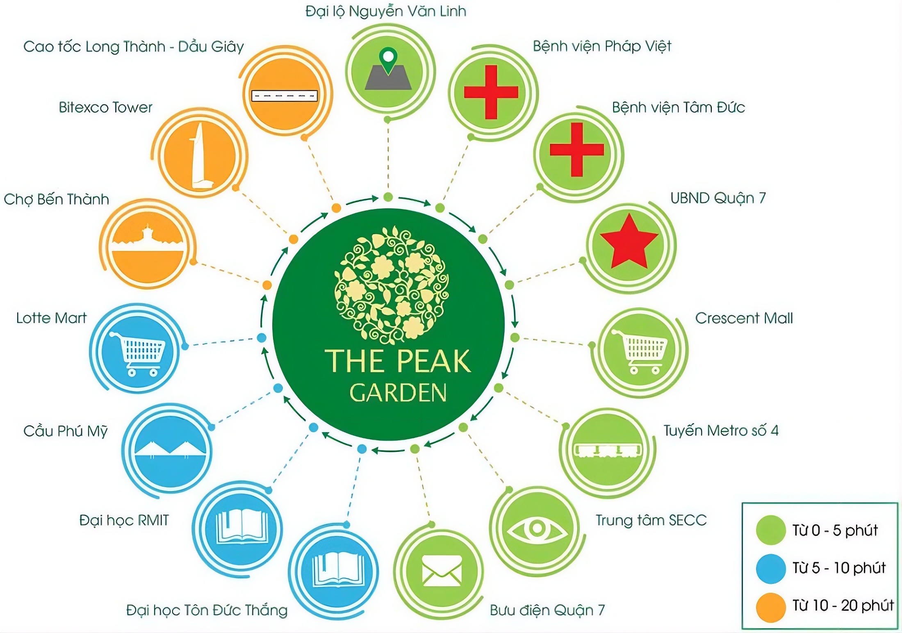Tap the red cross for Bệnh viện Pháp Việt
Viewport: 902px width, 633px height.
pos(491,92)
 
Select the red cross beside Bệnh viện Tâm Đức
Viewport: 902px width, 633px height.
pos(577,150)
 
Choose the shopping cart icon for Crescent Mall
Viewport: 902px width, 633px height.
pos(640,351)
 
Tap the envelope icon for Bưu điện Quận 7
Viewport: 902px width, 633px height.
pos(442,570)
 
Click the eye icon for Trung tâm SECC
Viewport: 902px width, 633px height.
pos(537,529)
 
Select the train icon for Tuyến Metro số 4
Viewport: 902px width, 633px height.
pos(608,450)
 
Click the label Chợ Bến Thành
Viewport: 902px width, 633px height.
pos(57,200)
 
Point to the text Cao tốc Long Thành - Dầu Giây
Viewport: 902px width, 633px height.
pos(134,47)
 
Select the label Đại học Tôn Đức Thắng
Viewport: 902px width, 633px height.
pos(207,610)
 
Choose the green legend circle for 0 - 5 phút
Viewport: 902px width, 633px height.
pos(771,530)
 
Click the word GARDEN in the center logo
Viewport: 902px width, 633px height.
pos(398,393)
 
